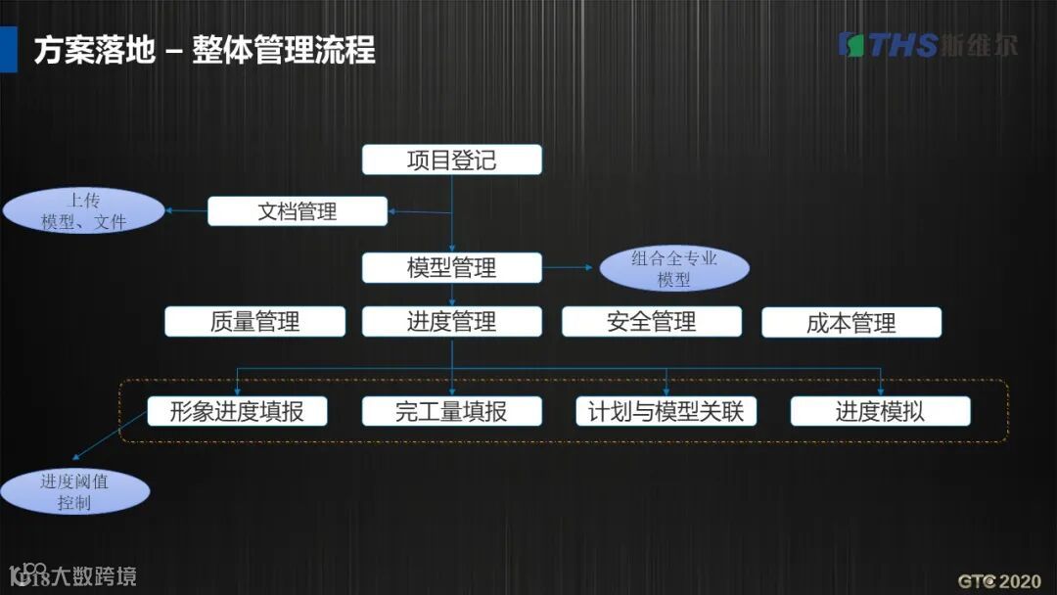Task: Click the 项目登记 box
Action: pos(451,160)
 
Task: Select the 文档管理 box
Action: pos(297,211)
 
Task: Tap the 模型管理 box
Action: pos(451,267)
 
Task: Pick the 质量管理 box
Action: pos(254,322)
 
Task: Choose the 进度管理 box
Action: pos(451,322)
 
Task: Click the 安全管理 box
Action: pos(651,322)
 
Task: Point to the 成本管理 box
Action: pos(850,323)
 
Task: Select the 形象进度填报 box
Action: pos(236,411)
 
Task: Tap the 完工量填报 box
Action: pos(451,411)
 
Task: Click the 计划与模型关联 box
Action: pos(666,411)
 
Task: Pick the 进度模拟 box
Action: pos(880,411)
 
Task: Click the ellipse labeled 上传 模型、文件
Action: pos(83,211)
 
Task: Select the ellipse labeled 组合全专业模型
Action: pos(673,269)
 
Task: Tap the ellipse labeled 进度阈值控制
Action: pos(74,491)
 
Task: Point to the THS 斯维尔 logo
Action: pos(927,45)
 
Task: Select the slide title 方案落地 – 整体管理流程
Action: pos(204,50)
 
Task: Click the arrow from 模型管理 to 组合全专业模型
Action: pos(569,267)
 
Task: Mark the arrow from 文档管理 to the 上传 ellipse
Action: pos(185,210)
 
